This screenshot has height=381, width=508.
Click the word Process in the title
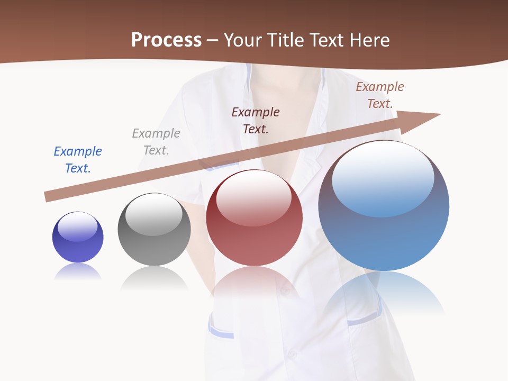(166, 40)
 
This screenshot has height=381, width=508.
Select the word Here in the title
(370, 40)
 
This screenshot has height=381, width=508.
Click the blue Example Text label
(78, 159)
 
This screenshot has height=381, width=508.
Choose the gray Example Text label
(156, 141)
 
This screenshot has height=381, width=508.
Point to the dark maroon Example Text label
(256, 120)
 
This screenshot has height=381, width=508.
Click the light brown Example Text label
(380, 95)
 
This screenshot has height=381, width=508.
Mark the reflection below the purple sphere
(78, 272)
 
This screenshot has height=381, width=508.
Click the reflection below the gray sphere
(154, 278)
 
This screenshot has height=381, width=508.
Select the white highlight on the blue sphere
(383, 177)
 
